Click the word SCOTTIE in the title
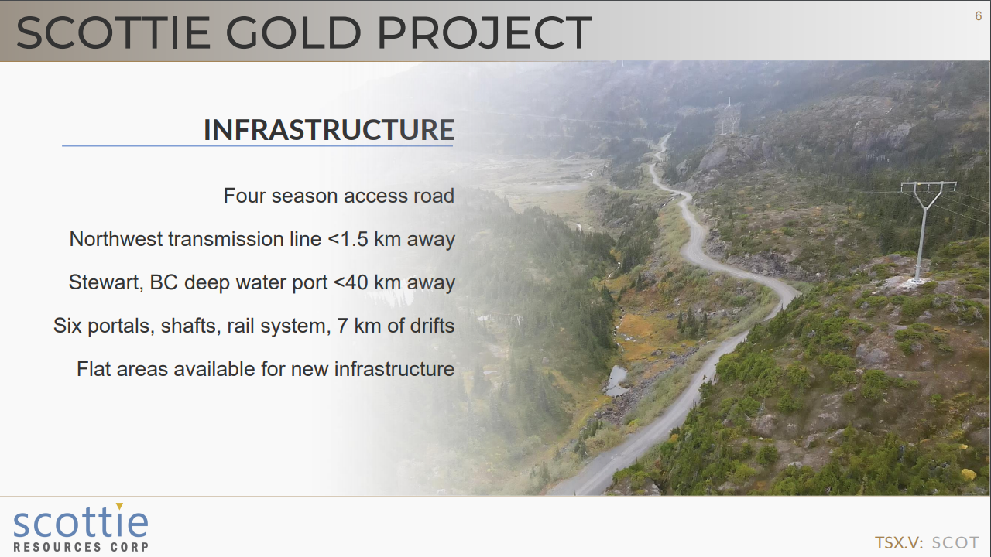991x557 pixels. click(113, 32)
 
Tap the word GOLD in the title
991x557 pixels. click(293, 32)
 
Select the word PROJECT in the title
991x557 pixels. click(485, 32)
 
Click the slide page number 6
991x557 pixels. click(979, 16)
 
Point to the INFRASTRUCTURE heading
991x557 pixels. click(329, 129)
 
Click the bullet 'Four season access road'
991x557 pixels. click(339, 196)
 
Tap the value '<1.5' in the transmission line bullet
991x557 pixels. click(348, 239)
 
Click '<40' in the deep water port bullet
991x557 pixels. click(351, 282)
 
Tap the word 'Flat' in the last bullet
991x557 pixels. click(94, 369)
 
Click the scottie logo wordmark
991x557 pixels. click(81, 521)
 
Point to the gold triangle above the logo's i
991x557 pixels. click(119, 506)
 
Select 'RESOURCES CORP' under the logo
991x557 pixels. click(81, 547)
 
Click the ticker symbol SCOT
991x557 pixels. click(955, 542)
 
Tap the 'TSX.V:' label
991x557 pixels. click(899, 542)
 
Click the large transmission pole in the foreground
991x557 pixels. click(927, 232)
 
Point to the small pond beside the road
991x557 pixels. click(616, 380)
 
